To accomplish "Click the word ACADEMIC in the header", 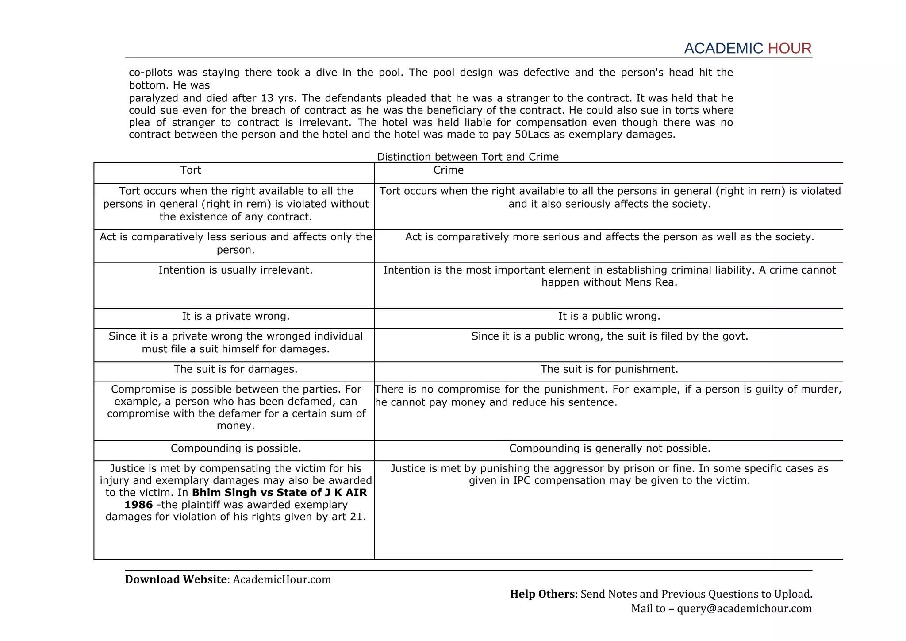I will [723, 49].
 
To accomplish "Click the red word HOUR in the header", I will [790, 49].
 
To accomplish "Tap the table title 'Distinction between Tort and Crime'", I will [468, 157].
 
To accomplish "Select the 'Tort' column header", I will [191, 170].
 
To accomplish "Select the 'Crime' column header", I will [448, 170].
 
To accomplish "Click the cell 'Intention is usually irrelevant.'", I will [235, 270].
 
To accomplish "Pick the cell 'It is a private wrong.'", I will [235, 316].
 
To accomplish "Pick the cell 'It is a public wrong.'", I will [609, 316].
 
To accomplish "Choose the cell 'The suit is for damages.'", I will [235, 369].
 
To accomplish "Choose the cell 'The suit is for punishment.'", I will [609, 369].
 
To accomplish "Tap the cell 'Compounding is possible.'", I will [235, 448].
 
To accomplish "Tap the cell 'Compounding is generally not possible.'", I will [609, 448].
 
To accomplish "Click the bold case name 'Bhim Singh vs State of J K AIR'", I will [279, 493].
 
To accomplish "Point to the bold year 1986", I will [138, 505].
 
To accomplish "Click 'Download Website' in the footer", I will [176, 579].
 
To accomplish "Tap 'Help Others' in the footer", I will [542, 594].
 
